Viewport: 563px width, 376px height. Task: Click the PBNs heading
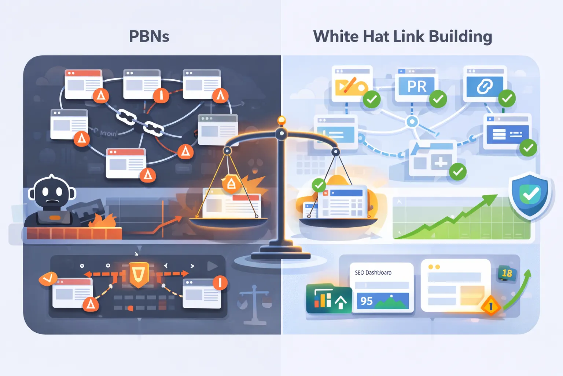pyautogui.click(x=149, y=37)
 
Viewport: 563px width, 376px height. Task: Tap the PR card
pyautogui.click(x=417, y=87)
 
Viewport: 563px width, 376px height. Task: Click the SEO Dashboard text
pyautogui.click(x=373, y=272)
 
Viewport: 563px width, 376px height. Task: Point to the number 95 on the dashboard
pyautogui.click(x=366, y=301)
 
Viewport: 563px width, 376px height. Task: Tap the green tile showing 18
pyautogui.click(x=507, y=273)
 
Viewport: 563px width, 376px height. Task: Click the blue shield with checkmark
pyautogui.click(x=530, y=195)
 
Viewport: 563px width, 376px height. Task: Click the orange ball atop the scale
pyautogui.click(x=281, y=120)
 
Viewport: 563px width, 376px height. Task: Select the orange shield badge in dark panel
pyautogui.click(x=139, y=274)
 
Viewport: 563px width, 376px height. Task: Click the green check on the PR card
pyautogui.click(x=438, y=99)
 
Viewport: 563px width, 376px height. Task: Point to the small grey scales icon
pyautogui.click(x=255, y=305)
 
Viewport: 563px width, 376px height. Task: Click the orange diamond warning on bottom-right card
pyautogui.click(x=490, y=305)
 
